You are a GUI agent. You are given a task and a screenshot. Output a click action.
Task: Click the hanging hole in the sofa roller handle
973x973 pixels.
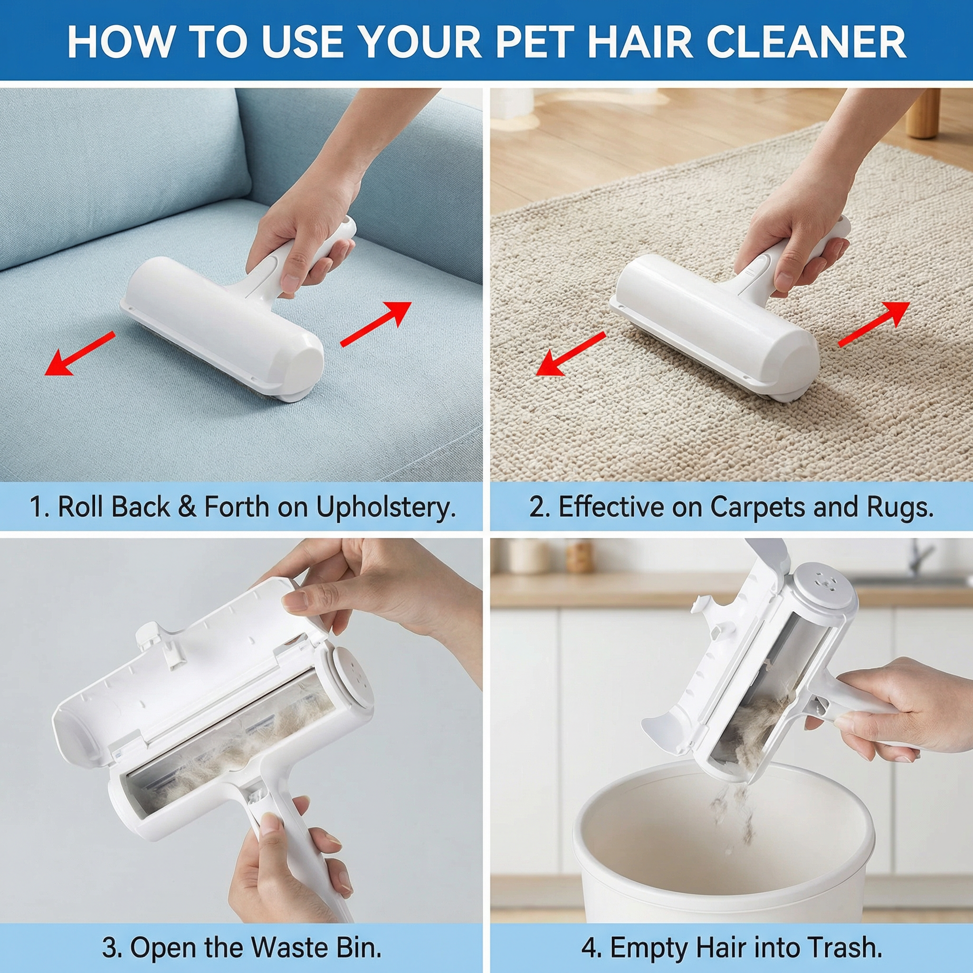click(x=348, y=223)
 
